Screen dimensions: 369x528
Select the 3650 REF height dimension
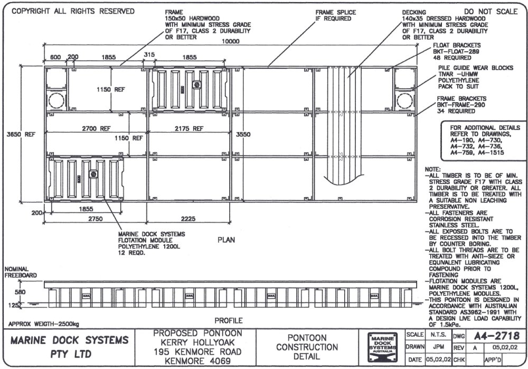point(21,134)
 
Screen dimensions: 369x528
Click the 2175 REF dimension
point(190,128)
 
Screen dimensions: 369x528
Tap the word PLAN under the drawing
point(226,239)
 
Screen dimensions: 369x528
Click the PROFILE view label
point(228,320)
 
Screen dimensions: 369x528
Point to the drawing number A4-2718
point(498,335)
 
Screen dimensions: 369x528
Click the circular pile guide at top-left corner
point(55,100)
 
